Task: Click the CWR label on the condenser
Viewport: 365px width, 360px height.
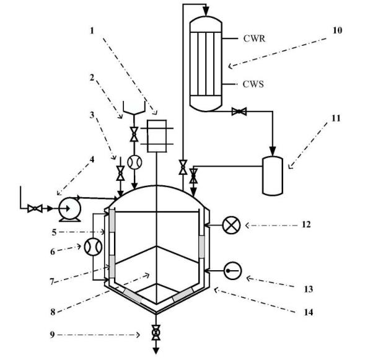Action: click(x=254, y=38)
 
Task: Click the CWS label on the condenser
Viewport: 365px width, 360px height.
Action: click(x=253, y=84)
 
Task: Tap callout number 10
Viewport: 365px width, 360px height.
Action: click(x=337, y=30)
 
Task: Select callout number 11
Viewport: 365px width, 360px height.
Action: click(x=336, y=118)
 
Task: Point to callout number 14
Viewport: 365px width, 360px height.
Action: click(x=309, y=312)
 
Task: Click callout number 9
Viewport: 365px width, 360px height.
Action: click(x=53, y=335)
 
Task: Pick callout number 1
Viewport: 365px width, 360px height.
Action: click(x=92, y=30)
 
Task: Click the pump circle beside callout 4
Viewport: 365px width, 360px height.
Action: click(x=69, y=209)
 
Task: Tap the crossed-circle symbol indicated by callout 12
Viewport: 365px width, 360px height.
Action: click(x=231, y=226)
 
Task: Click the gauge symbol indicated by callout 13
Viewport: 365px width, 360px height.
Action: click(x=233, y=271)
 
